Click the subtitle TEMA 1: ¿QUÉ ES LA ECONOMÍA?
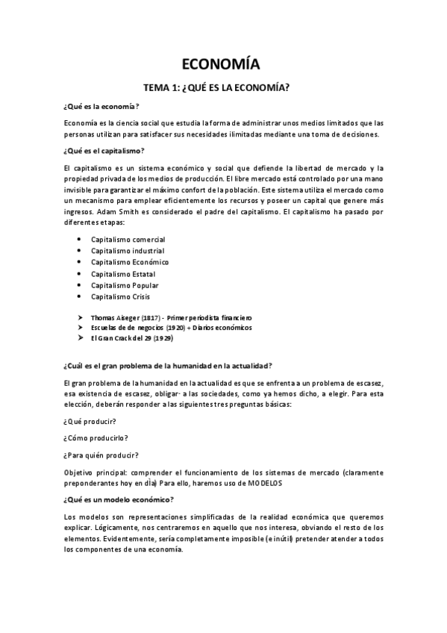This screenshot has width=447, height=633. pos(224,87)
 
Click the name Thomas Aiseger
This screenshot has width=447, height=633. pos(111,316)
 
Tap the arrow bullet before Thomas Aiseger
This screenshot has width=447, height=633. pos(80,316)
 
